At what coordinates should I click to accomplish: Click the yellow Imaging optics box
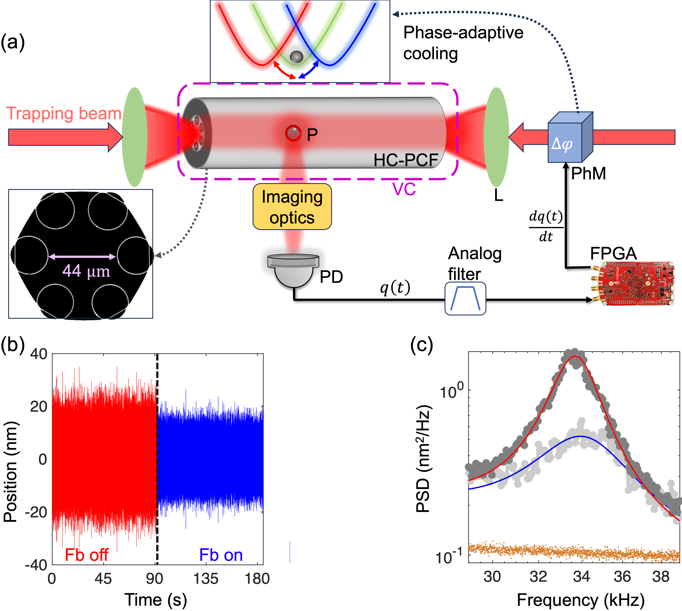tap(292, 206)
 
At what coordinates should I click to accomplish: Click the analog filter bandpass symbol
tap(465, 298)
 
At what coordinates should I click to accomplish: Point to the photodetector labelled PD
tap(293, 270)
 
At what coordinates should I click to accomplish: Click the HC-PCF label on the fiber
tap(406, 160)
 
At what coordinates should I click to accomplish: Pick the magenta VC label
tap(404, 189)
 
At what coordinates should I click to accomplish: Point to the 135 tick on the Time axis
tap(206, 578)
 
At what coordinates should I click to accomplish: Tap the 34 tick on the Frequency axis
tap(581, 576)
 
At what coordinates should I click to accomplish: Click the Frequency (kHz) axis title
tap(581, 600)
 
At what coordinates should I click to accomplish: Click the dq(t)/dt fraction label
tap(546, 226)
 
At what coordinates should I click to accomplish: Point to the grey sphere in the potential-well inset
tap(296, 56)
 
